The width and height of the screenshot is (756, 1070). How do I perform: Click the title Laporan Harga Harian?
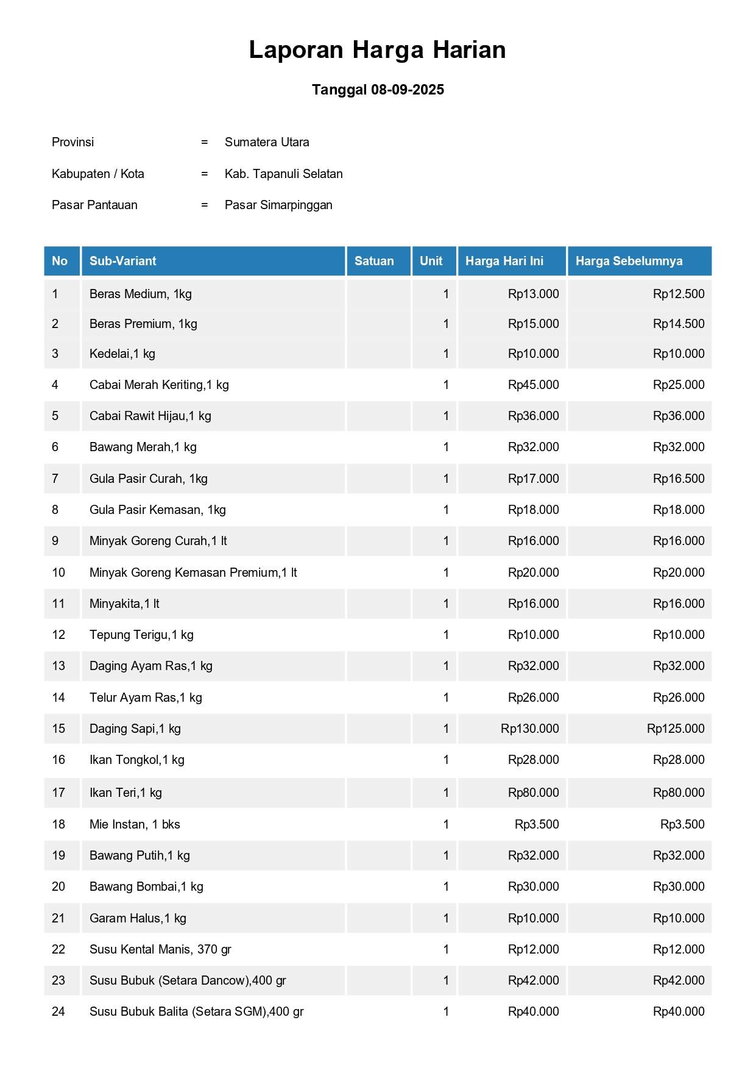tap(377, 50)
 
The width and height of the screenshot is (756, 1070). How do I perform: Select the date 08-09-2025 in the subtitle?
tap(407, 90)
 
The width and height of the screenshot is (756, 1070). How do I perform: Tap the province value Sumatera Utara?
tap(267, 142)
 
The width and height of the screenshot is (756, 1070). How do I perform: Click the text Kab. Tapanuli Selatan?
tap(283, 174)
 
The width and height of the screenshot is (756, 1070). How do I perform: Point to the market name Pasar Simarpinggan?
tap(278, 205)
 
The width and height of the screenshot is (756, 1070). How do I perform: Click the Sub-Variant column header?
tap(122, 261)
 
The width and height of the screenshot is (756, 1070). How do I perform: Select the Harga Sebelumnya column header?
tap(629, 261)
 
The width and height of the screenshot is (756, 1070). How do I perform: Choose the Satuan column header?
tap(374, 261)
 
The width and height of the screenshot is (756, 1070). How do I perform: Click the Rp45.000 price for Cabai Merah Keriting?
tap(533, 385)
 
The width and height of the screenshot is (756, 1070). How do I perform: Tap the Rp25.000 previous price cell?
tap(678, 385)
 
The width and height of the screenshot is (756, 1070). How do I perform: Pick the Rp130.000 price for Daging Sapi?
tap(529, 729)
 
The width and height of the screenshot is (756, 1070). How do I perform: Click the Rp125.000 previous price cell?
tap(675, 729)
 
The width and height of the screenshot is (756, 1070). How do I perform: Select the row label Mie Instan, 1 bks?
tap(135, 824)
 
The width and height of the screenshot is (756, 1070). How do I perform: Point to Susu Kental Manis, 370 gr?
tap(160, 949)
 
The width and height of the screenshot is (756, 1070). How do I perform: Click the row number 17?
tap(58, 793)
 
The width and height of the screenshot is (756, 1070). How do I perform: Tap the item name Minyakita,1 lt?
tap(124, 604)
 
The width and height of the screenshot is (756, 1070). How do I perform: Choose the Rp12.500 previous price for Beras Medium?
tap(678, 294)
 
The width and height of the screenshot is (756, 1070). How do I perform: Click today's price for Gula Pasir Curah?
tap(533, 479)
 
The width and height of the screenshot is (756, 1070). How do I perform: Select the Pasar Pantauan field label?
tap(94, 205)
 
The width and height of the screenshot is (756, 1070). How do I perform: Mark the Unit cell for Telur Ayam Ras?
tap(446, 697)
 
